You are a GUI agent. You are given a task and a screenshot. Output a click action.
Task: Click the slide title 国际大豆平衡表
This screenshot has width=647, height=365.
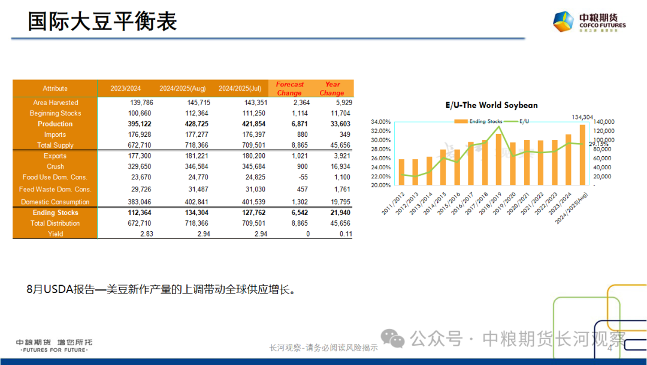(x=102, y=22)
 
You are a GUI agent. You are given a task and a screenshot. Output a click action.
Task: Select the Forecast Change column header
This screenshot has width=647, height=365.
(x=290, y=89)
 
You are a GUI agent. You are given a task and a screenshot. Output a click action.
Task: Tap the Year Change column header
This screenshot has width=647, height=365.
(x=332, y=89)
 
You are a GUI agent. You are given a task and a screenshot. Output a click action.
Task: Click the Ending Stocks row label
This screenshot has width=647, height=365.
(x=55, y=213)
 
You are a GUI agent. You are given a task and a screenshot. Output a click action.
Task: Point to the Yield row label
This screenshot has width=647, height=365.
(x=55, y=234)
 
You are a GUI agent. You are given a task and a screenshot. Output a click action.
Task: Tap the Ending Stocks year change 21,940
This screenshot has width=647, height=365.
(x=338, y=213)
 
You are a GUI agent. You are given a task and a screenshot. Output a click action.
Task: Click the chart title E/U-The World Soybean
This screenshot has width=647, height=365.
(x=491, y=105)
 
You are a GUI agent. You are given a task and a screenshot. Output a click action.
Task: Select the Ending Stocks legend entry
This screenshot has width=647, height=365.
(x=482, y=121)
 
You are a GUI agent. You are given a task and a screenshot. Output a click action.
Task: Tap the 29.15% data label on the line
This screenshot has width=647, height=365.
(x=598, y=144)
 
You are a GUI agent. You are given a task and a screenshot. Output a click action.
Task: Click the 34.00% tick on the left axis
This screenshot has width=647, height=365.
(x=381, y=122)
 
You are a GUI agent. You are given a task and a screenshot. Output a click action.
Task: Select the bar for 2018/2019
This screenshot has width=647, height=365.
(x=499, y=159)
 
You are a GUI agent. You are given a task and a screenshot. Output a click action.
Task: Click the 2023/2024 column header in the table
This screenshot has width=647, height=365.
(x=126, y=89)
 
